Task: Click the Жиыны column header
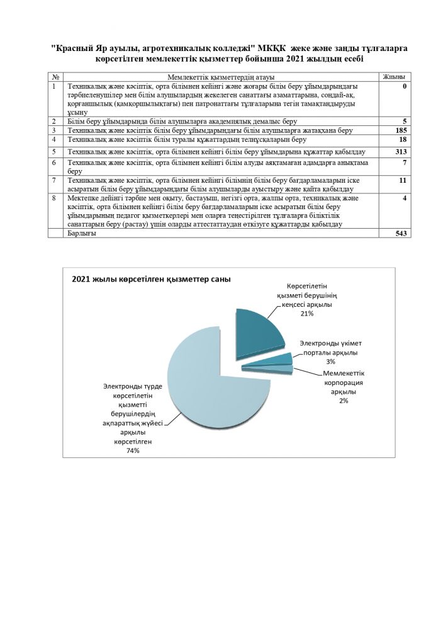(393, 77)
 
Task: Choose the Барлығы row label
(81, 233)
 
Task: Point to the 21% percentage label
(306, 312)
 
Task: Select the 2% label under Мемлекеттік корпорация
(343, 401)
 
